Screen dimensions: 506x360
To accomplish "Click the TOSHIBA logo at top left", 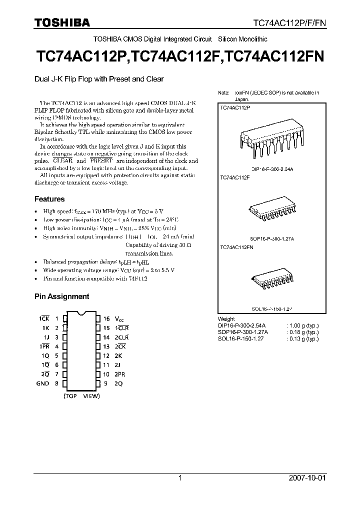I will [x=62, y=22].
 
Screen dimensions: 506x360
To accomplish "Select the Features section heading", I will [x=49, y=199].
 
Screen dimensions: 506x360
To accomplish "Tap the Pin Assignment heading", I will [x=61, y=296].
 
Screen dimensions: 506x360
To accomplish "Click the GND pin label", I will [x=42, y=383].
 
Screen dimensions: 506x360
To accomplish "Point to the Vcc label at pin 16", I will [x=118, y=318].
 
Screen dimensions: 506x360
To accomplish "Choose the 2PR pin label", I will [x=120, y=374].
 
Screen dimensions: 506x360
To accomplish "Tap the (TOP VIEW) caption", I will [x=81, y=396].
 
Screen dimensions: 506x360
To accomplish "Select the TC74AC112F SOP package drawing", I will [x=270, y=211].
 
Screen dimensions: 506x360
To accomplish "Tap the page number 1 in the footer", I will [x=179, y=478].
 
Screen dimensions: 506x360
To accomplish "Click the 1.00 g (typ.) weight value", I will [x=302, y=325].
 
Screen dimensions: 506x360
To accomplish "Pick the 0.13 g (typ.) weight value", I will [x=302, y=338].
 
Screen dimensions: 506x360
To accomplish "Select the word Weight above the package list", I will [x=226, y=319].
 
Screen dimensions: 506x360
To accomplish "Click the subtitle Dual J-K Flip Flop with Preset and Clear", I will [x=99, y=78].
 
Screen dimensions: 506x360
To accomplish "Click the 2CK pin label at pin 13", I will [x=120, y=346].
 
